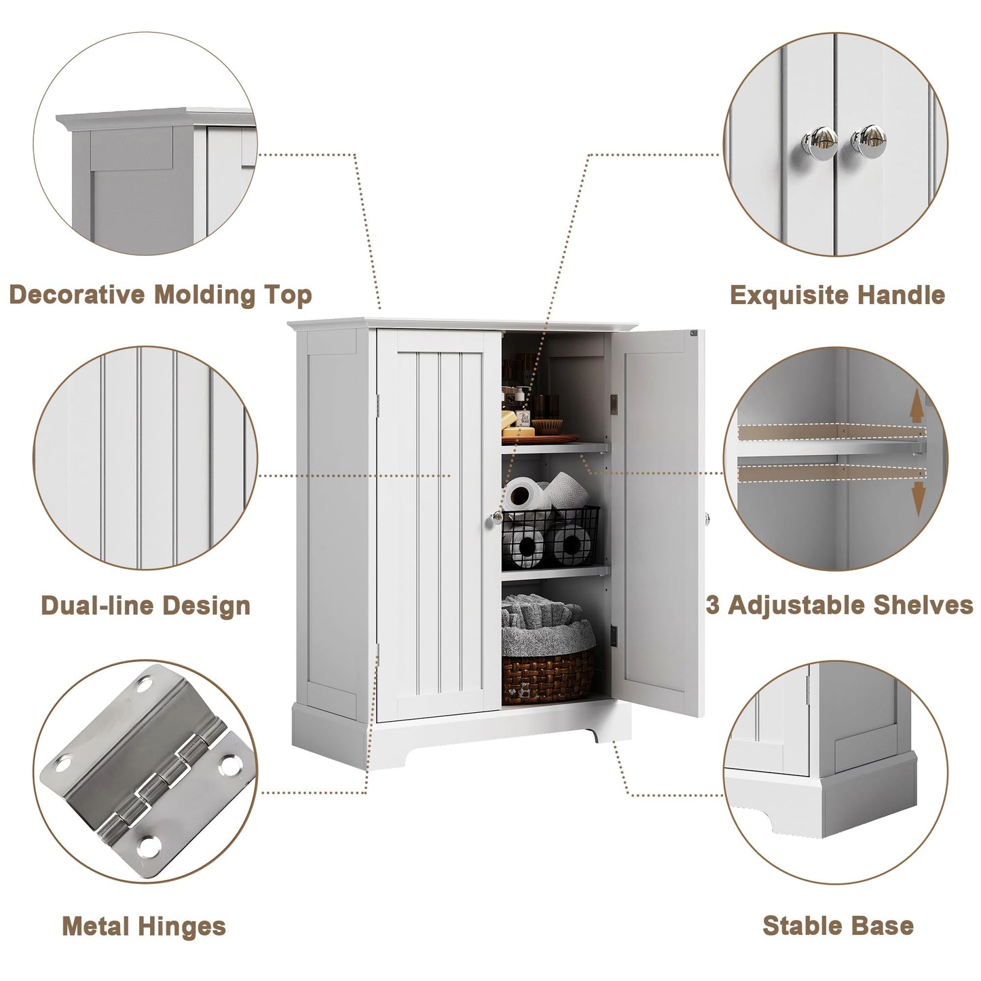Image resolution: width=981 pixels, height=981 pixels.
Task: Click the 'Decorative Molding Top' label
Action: coord(160,295)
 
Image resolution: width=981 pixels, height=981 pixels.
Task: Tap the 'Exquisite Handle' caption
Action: coord(838,295)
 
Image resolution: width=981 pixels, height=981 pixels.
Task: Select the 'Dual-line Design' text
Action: coord(145,606)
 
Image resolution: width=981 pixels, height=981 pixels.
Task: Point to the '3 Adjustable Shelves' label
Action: coord(840,606)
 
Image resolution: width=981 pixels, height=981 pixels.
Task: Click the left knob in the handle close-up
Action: coord(819,143)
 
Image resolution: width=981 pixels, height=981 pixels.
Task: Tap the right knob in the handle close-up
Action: coord(869,141)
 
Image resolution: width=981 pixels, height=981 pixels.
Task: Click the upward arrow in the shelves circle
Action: coord(917,405)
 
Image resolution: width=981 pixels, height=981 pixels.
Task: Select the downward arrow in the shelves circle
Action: coord(918,500)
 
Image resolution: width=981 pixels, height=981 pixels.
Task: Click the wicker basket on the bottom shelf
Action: coord(548,675)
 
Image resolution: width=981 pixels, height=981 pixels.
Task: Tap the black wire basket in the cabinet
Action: coord(551,536)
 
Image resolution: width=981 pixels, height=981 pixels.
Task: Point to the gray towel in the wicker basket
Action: coord(547,625)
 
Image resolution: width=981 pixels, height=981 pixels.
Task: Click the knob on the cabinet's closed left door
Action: coord(496,517)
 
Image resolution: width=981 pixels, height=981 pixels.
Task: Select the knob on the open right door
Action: coord(707,519)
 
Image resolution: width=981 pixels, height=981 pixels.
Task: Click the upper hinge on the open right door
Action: coord(614,405)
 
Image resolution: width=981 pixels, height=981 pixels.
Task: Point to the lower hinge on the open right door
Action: coord(614,636)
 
